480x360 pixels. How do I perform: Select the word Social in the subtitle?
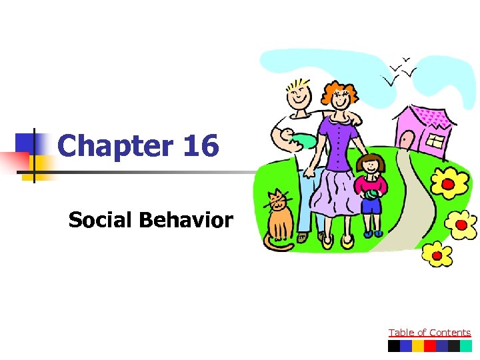(x=101, y=220)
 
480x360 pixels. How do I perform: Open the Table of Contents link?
(x=429, y=333)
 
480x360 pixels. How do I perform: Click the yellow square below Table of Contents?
(x=417, y=346)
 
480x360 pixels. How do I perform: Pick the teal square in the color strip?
(x=465, y=346)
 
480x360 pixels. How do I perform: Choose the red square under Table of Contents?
(x=430, y=346)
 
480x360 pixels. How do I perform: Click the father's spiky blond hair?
(x=297, y=87)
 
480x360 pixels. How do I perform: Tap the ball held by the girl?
(x=368, y=194)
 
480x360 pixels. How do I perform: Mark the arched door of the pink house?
(x=405, y=139)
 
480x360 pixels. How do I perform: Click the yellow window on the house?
(x=435, y=141)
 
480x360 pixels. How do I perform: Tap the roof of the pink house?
(x=427, y=115)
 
